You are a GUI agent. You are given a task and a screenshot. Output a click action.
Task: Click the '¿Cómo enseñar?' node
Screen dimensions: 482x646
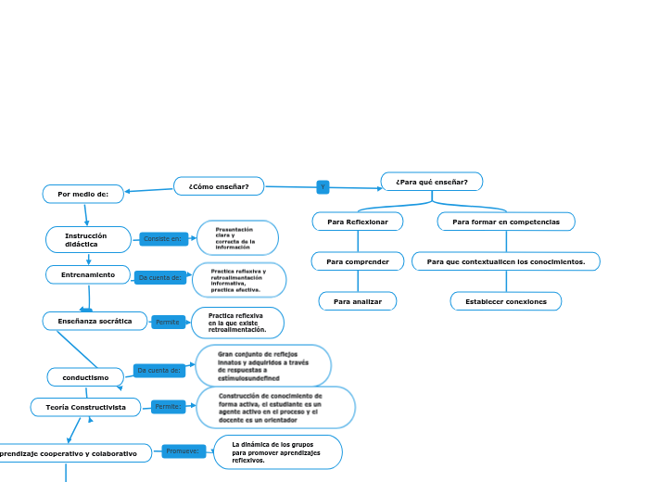point(219,186)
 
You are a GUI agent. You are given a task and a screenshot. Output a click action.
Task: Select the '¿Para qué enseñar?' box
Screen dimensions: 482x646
point(432,181)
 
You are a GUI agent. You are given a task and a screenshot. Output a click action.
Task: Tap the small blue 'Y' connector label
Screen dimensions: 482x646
point(323,187)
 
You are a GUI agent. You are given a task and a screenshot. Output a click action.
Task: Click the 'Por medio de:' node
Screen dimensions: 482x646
point(83,194)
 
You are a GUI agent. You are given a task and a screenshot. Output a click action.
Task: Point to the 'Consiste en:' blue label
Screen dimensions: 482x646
point(164,239)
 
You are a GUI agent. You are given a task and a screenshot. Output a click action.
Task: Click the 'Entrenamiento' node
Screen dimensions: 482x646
point(88,275)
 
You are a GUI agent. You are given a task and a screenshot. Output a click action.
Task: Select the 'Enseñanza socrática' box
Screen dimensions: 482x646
point(95,322)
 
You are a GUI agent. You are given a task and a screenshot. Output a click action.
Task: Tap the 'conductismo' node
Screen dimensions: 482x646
point(85,377)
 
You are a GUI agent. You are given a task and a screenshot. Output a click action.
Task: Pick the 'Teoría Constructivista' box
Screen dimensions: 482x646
point(85,407)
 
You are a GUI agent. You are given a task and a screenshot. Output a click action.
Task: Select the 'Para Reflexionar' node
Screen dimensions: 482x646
point(358,222)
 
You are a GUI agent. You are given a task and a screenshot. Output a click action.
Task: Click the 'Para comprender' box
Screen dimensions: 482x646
point(358,262)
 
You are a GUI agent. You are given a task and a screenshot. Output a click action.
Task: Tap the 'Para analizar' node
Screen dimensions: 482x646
point(358,301)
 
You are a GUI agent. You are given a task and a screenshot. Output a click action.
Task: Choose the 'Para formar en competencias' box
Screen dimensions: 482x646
point(506,222)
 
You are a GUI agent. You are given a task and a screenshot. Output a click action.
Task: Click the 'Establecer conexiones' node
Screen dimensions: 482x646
point(506,301)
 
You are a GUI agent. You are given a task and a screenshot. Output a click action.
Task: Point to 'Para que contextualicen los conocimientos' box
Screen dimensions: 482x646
point(506,262)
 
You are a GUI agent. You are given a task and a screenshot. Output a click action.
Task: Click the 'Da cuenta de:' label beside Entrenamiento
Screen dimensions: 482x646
point(158,277)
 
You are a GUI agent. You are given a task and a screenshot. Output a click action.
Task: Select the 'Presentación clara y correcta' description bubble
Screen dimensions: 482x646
point(238,238)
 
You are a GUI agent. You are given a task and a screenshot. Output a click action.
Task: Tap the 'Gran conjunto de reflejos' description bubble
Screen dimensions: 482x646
point(262,366)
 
